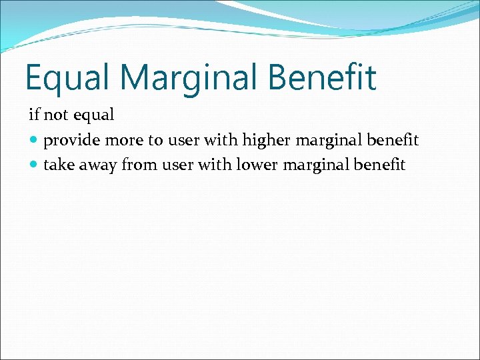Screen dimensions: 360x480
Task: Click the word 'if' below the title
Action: (33, 115)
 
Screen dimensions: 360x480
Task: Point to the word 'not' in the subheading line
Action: (56, 115)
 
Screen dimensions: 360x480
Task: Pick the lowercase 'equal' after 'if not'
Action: (93, 115)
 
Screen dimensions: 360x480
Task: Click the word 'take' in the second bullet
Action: (58, 165)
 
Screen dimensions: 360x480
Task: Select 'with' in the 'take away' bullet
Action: (213, 165)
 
